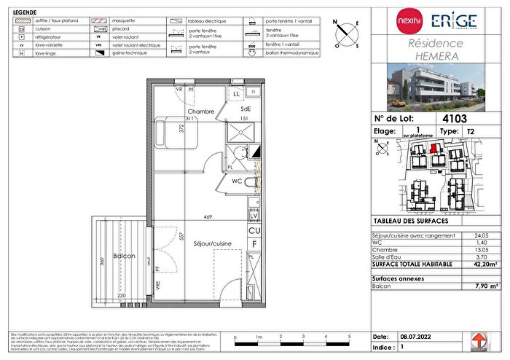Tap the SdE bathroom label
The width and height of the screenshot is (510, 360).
(x=246, y=109)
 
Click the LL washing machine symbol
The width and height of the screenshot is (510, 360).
(x=237, y=94)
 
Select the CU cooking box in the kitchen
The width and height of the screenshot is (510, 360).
(x=254, y=230)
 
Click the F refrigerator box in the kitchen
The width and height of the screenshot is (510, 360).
(x=254, y=243)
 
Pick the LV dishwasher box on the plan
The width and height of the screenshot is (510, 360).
(x=254, y=216)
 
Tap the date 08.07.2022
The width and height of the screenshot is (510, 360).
(x=415, y=337)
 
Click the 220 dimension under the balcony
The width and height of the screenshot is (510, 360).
(x=122, y=295)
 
